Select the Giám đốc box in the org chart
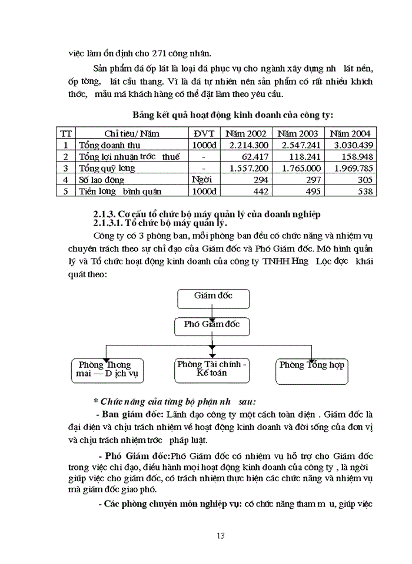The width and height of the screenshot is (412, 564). tap(213, 298)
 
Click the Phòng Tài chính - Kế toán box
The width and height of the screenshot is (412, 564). tap(212, 370)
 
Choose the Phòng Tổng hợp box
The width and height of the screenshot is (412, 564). tap(311, 370)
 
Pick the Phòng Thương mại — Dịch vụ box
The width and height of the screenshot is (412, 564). tap(108, 370)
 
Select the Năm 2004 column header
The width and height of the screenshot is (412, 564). tap(351, 133)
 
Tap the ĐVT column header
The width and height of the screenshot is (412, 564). tap(204, 133)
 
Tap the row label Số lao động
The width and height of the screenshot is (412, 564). tap(104, 180)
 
